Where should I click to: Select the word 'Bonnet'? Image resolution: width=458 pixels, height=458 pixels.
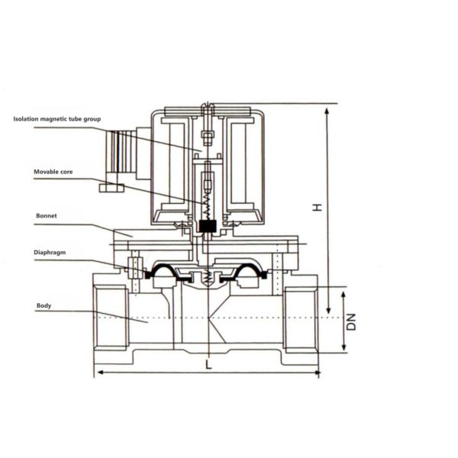pos(47,216)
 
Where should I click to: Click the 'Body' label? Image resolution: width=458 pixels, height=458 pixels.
pos(43,305)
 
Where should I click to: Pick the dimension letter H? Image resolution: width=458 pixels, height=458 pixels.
pos(318,207)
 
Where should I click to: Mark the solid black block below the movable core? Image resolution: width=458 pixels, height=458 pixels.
pos(207,226)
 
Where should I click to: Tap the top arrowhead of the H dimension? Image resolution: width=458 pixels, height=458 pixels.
pos(327,111)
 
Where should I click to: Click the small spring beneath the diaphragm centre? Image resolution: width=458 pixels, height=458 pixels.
pos(207,278)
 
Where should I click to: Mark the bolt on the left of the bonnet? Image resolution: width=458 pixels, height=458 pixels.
pos(134,268)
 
